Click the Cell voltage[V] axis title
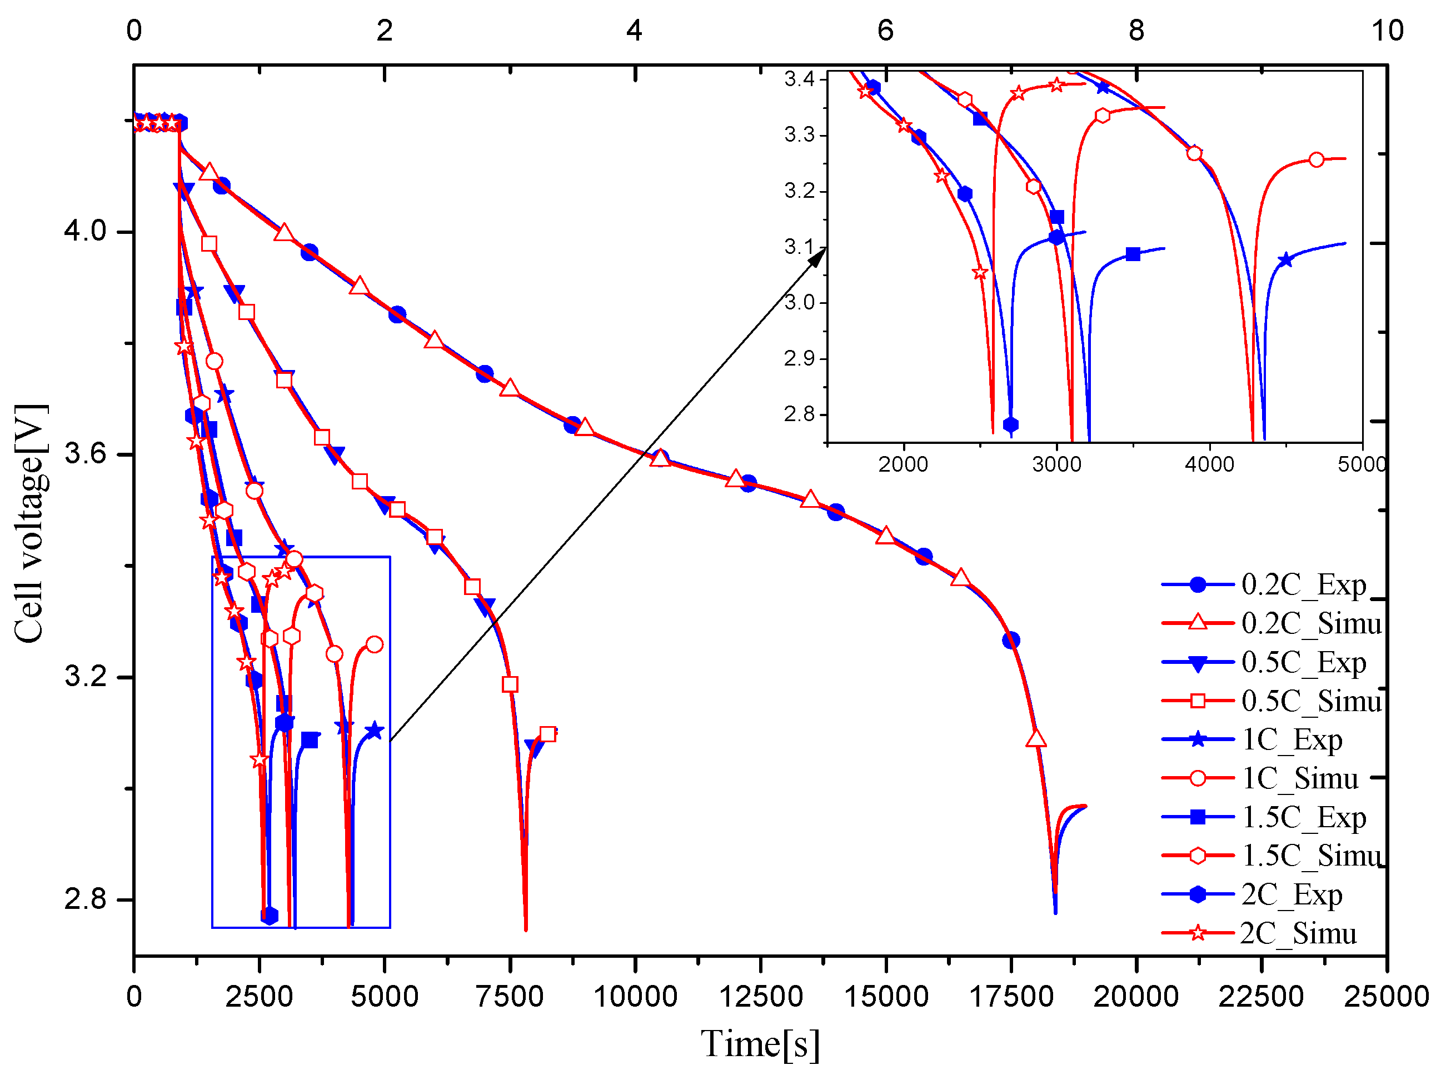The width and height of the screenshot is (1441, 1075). tap(30, 524)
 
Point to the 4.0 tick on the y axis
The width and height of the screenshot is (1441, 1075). tap(84, 231)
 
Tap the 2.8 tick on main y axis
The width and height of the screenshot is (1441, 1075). tap(84, 899)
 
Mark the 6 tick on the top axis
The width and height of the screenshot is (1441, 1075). tap(885, 31)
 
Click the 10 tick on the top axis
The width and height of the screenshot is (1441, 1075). tap(1387, 31)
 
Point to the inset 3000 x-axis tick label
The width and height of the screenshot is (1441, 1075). tap(1056, 464)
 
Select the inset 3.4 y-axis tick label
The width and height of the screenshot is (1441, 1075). tap(799, 79)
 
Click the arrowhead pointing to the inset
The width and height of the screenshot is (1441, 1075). tap(817, 256)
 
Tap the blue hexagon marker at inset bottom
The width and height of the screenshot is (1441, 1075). tap(1010, 425)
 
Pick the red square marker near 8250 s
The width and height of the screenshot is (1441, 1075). tap(547, 734)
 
